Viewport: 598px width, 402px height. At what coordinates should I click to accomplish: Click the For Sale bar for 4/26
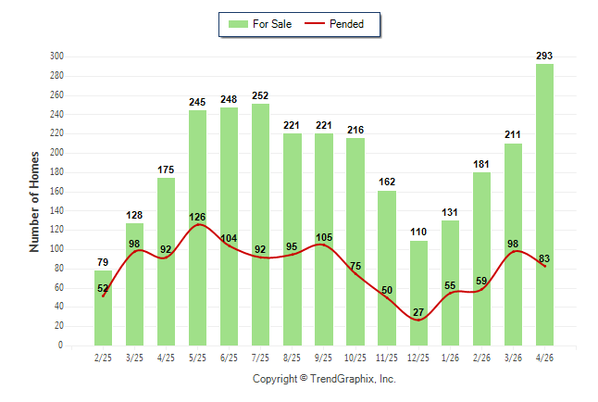click(x=544, y=205)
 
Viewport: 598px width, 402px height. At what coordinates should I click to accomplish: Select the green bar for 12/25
click(x=418, y=294)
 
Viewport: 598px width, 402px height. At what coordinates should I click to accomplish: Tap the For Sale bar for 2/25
click(x=104, y=308)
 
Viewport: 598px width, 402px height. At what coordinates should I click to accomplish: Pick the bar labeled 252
click(x=260, y=225)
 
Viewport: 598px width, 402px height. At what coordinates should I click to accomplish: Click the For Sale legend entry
click(x=260, y=24)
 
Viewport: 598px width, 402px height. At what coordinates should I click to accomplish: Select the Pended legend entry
click(x=334, y=24)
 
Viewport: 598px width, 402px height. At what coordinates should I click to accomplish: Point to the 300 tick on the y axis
click(x=56, y=57)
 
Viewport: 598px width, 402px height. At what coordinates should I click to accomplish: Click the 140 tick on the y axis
click(x=56, y=210)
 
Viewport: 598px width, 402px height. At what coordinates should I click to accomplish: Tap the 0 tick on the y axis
click(x=60, y=345)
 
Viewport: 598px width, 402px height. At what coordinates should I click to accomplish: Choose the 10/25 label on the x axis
click(x=355, y=358)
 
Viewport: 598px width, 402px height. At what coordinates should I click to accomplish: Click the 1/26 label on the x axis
click(x=450, y=358)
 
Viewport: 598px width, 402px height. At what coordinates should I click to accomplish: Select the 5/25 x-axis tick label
click(x=197, y=358)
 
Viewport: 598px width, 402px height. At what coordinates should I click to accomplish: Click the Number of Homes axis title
click(x=34, y=202)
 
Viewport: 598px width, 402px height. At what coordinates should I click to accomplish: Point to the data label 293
click(x=544, y=56)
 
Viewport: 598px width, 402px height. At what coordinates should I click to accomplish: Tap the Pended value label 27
click(x=418, y=312)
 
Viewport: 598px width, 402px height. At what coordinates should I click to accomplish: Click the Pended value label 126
click(x=197, y=217)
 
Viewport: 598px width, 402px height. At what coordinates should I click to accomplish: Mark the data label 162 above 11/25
click(x=387, y=182)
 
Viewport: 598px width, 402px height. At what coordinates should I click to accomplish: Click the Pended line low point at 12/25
click(x=418, y=320)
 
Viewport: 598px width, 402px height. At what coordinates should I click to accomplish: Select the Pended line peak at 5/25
click(x=198, y=224)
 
